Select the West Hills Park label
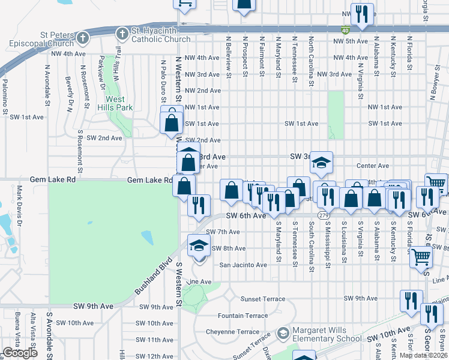point(115,103)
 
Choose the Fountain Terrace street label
point(243,316)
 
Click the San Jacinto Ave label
point(243,265)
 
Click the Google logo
point(20,353)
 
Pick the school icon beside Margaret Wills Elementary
point(283,332)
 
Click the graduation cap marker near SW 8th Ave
point(199,246)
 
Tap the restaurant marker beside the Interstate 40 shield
point(361,14)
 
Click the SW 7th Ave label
point(222,232)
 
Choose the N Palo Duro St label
point(163,74)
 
